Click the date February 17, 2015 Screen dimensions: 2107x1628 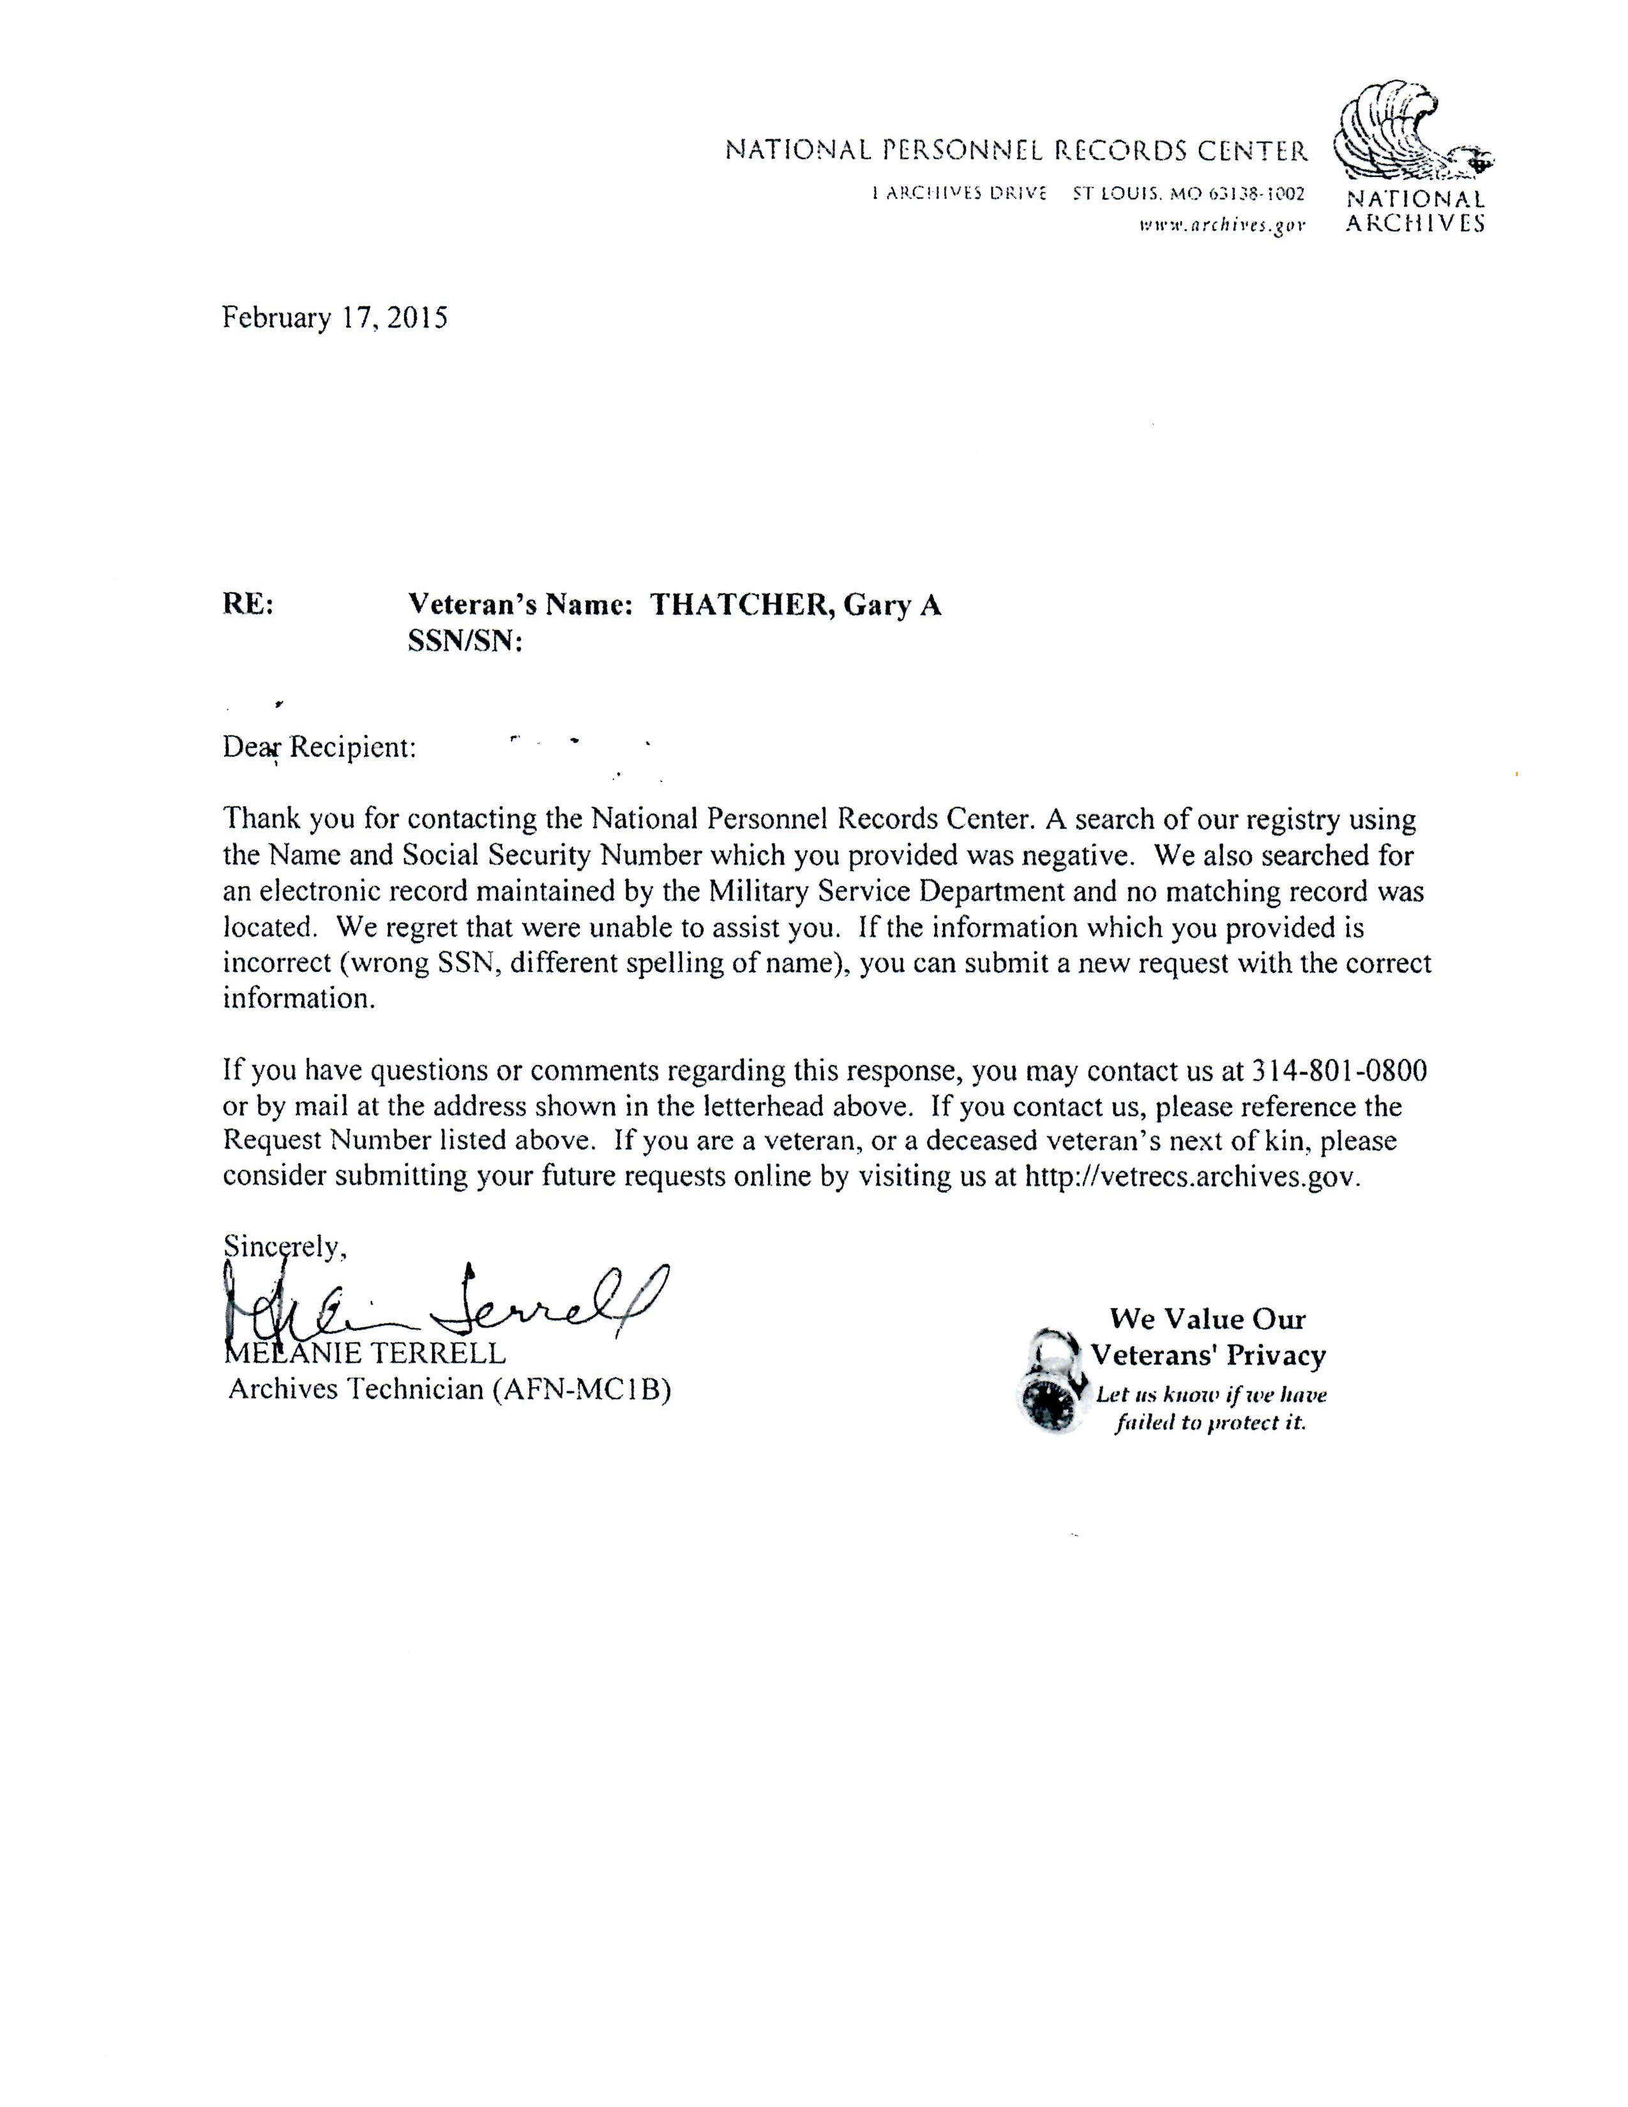point(335,319)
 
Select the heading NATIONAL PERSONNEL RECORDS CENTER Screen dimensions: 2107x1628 point(1016,151)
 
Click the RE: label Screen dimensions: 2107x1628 point(248,605)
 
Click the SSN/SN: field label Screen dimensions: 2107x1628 point(465,642)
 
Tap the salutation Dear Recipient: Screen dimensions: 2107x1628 point(319,748)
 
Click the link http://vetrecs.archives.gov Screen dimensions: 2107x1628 point(1191,1177)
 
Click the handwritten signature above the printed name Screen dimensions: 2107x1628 point(444,1303)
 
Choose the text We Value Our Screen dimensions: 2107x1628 point(1207,1319)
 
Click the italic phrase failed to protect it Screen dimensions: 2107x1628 point(1210,1423)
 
